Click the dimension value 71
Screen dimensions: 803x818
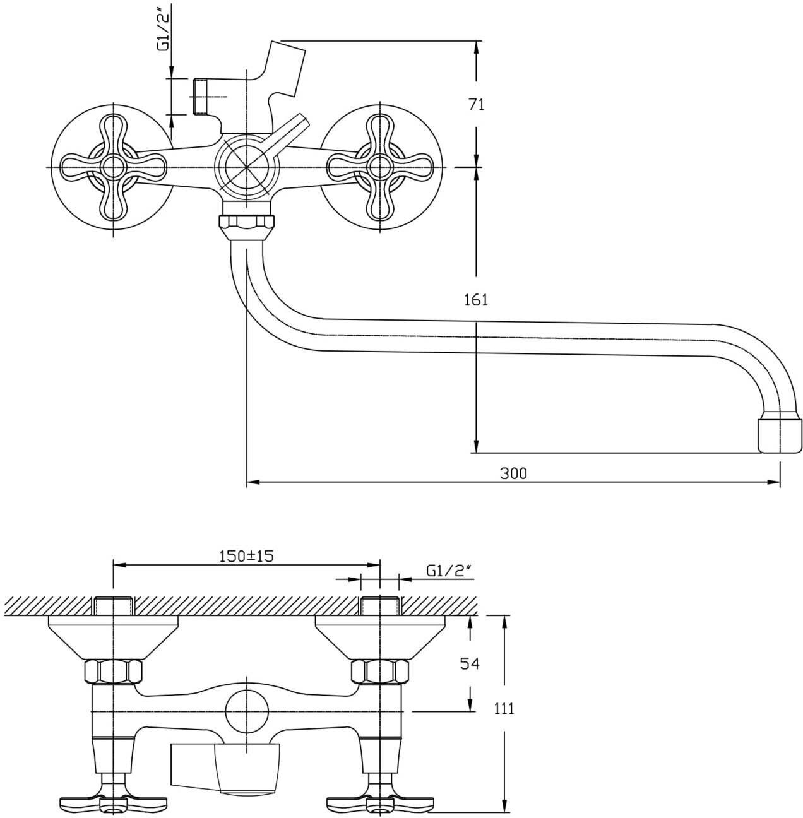[x=476, y=104]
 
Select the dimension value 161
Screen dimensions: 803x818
[x=476, y=300]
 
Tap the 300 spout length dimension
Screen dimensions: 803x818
[x=513, y=473]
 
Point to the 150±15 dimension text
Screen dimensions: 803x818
[x=247, y=555]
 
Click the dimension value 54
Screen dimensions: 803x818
[x=470, y=663]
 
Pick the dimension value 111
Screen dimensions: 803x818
[x=504, y=708]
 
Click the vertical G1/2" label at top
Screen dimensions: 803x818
[x=164, y=28]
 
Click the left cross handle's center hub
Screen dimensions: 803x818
[x=114, y=167]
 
